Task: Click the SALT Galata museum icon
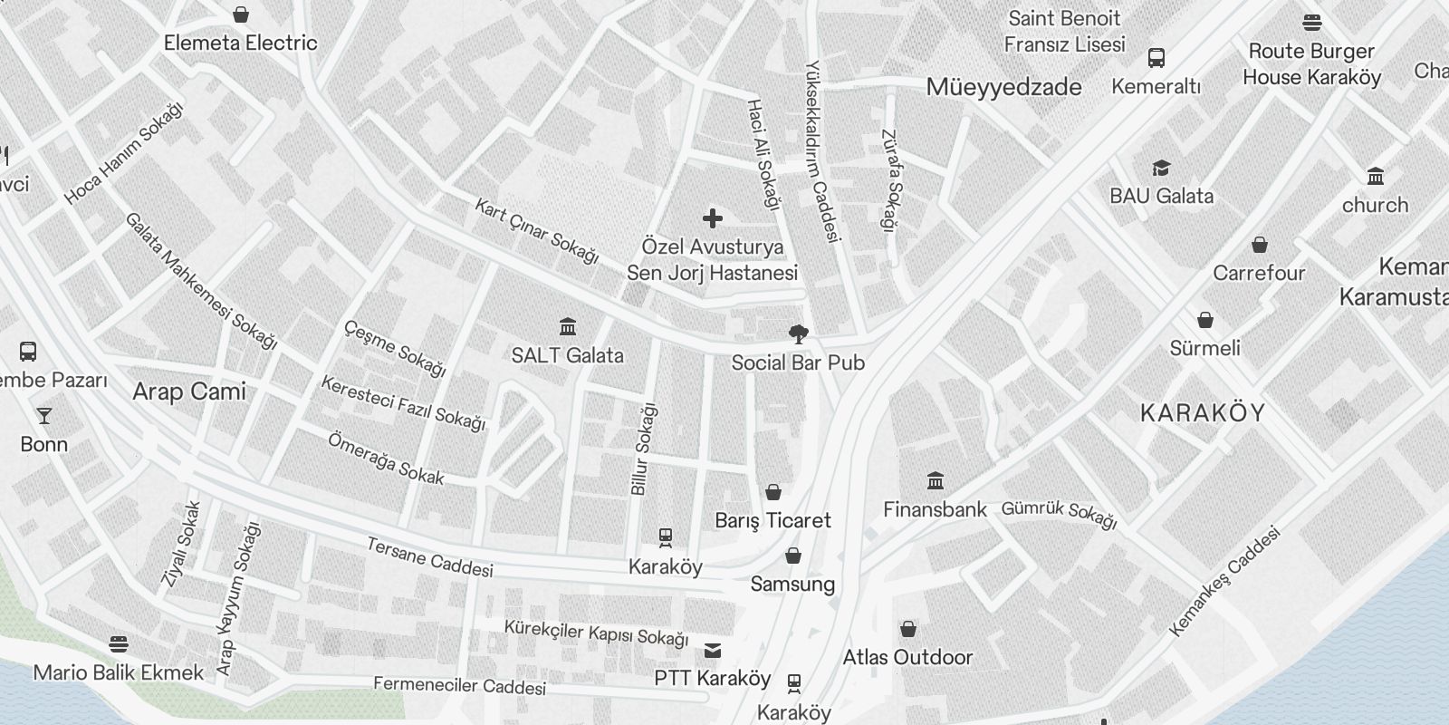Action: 568,326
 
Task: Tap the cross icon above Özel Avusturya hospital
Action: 713,218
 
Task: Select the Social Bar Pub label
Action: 798,363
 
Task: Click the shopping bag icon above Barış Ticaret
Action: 773,492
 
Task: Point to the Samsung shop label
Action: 792,585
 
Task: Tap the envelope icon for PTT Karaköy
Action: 713,650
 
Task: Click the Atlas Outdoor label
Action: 907,657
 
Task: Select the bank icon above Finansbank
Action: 936,480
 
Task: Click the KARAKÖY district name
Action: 1203,413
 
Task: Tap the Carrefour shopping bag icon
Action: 1260,245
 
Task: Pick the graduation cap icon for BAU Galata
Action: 1161,168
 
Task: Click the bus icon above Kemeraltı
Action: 1156,58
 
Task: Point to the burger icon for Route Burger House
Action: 1312,23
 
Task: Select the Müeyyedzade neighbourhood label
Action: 1003,87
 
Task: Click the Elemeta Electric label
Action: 241,43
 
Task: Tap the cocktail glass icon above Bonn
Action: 43,416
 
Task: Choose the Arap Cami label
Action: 189,391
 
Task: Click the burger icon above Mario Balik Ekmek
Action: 119,644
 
